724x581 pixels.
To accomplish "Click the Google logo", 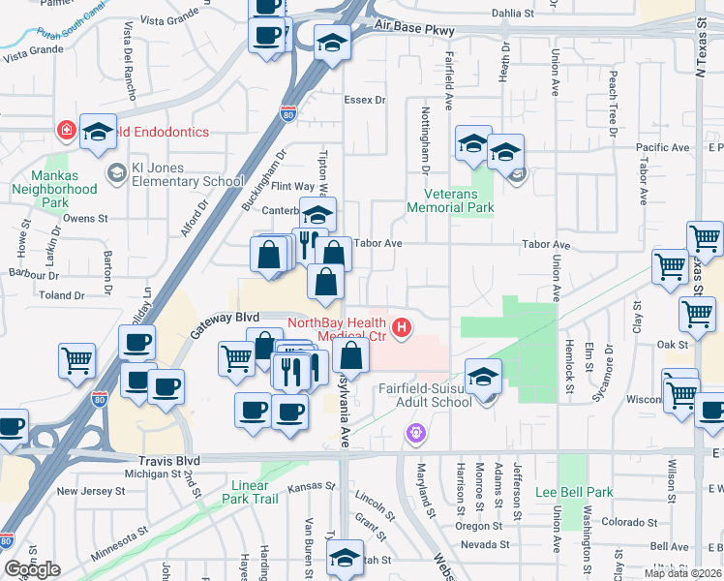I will tap(32, 568).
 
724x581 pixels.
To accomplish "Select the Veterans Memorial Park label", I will tap(450, 200).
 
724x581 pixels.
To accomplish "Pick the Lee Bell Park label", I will tap(574, 492).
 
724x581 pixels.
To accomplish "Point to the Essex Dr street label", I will tap(364, 100).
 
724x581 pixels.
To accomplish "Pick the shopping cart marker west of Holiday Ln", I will tap(76, 360).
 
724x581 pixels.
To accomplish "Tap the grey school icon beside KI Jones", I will tap(117, 173).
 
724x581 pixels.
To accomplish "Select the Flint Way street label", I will tap(292, 186).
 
